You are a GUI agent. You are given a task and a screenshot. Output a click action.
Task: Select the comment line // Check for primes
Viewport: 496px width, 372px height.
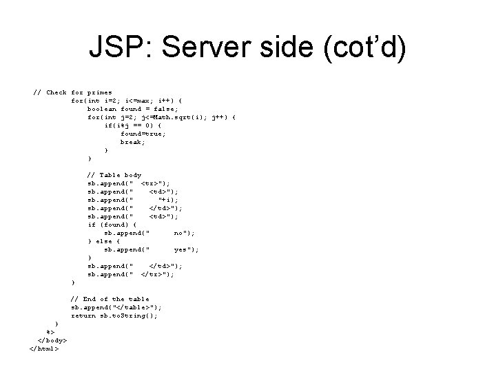(x=74, y=92)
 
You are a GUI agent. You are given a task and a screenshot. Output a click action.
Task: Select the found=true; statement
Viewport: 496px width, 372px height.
(x=142, y=133)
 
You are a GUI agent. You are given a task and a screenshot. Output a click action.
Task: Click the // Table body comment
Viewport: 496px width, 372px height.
(x=114, y=175)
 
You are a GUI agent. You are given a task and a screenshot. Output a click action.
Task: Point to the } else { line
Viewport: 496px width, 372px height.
(x=104, y=241)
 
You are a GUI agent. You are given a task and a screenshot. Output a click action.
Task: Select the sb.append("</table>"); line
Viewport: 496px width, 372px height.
(x=117, y=307)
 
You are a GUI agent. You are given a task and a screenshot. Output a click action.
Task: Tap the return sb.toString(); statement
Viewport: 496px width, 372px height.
(x=114, y=316)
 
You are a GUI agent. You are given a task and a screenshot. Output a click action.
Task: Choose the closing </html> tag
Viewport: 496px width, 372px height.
(x=45, y=349)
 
